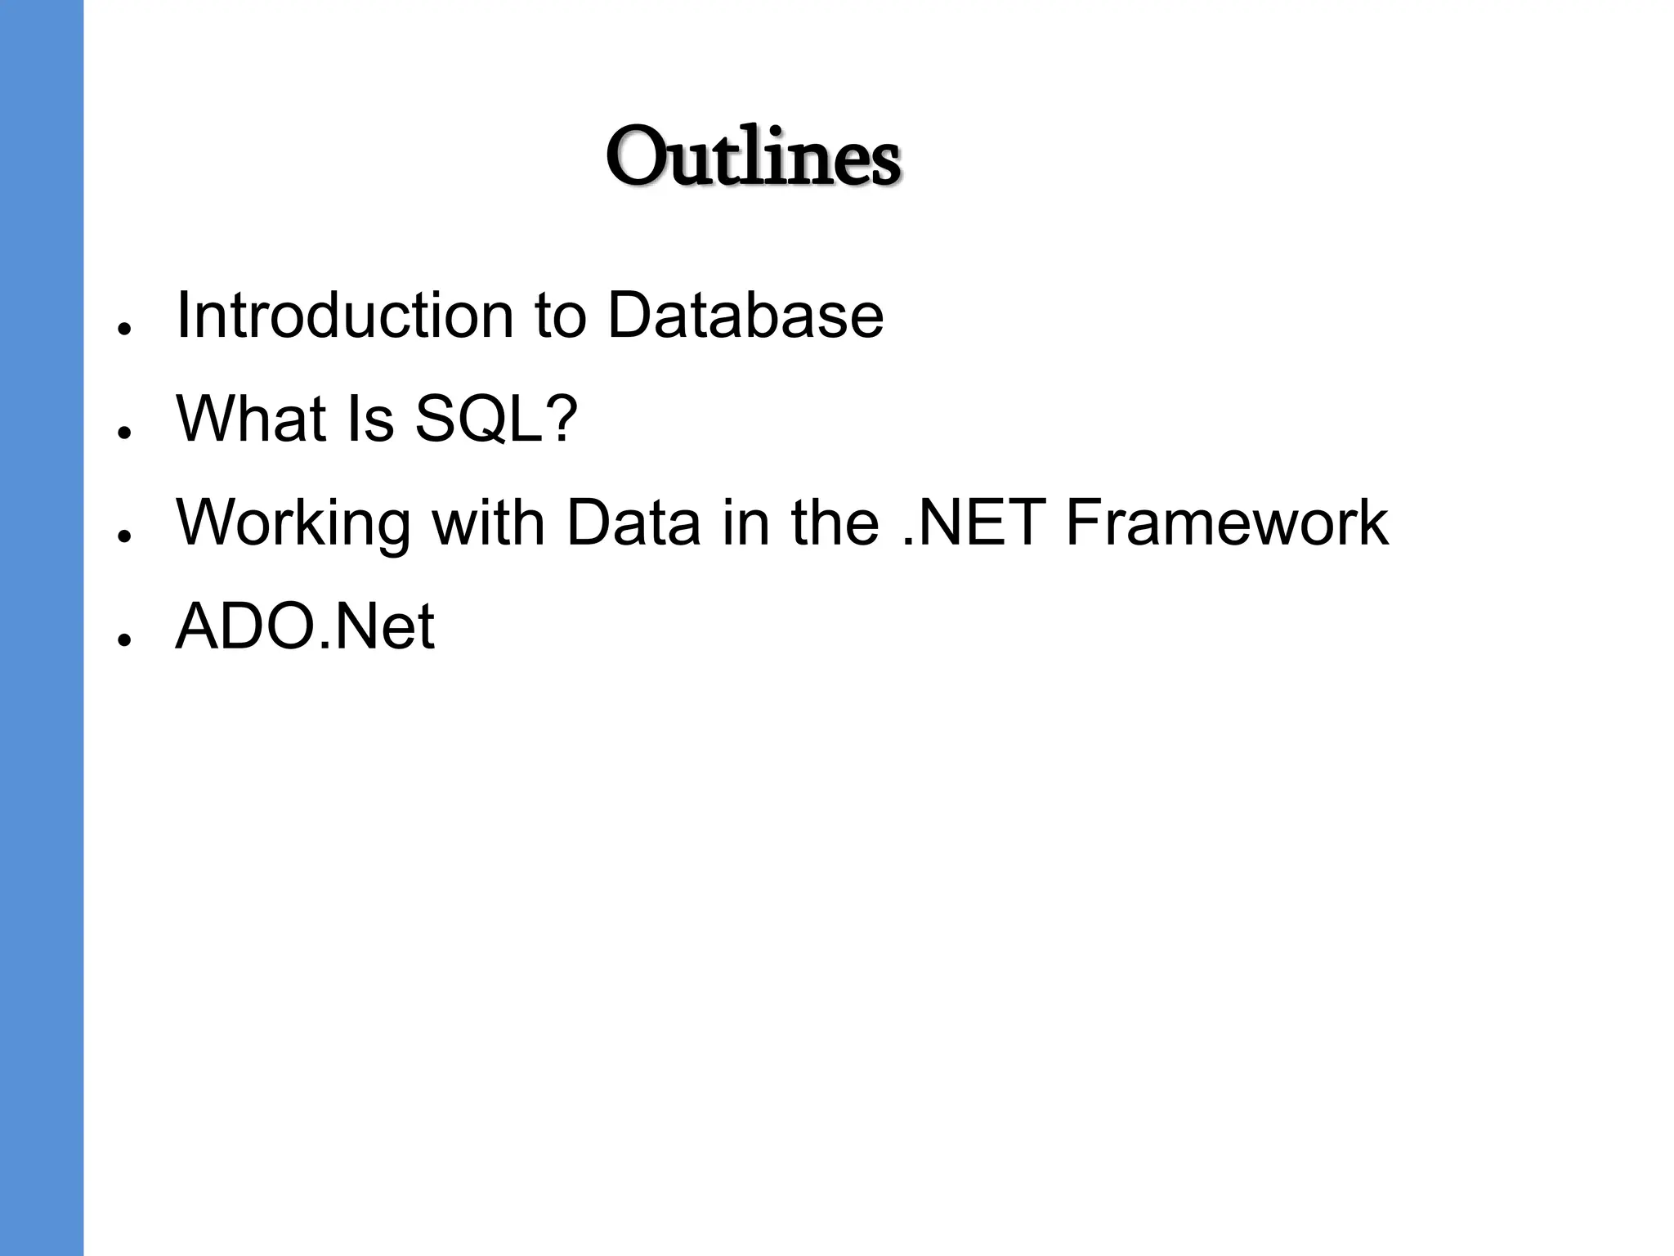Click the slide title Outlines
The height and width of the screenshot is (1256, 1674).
[x=753, y=157]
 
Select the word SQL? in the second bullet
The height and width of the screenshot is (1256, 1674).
[x=496, y=419]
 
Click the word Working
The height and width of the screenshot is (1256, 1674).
[x=293, y=523]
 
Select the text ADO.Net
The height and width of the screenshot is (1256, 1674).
[x=305, y=626]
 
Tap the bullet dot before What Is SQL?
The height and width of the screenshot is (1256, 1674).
[x=124, y=432]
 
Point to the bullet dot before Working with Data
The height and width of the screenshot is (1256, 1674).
[x=124, y=536]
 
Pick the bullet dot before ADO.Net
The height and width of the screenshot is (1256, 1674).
[x=124, y=640]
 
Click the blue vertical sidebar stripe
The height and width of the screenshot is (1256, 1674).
[x=41, y=628]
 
